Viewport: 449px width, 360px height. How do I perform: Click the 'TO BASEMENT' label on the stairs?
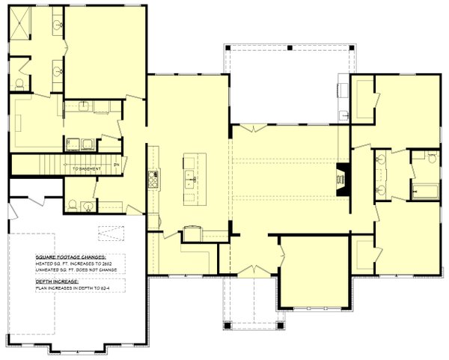(x=87, y=169)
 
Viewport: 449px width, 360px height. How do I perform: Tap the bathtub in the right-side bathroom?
(x=425, y=192)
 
